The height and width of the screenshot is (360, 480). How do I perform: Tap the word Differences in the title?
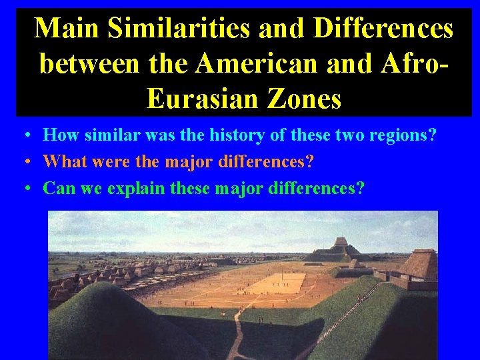tap(383, 29)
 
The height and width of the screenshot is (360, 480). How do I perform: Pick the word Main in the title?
tap(65, 29)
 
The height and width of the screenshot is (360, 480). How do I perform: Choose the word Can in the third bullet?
tap(58, 189)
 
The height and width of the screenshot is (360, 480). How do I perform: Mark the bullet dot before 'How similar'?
tap(24, 136)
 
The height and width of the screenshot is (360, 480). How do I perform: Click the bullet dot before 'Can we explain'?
tap(24, 189)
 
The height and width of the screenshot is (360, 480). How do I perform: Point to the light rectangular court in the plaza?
tap(280, 283)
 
